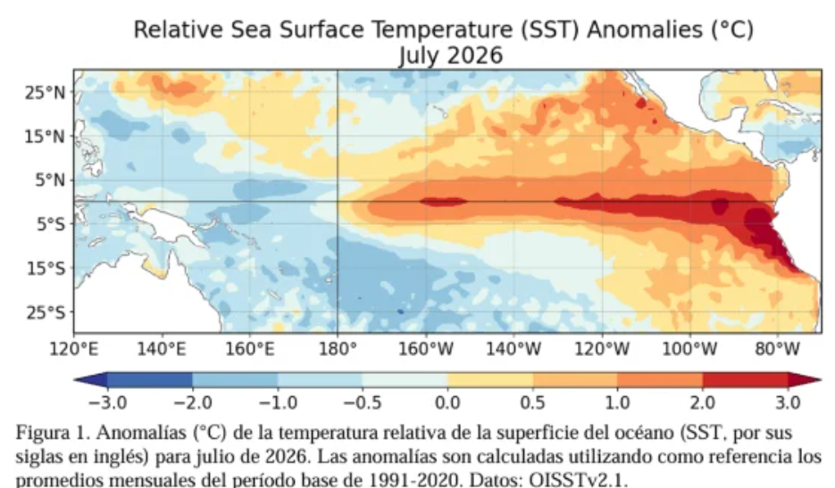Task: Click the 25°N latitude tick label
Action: click(x=45, y=93)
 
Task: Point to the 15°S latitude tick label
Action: click(x=46, y=269)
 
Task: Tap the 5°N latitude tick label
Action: click(x=50, y=180)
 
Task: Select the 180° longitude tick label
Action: click(x=337, y=349)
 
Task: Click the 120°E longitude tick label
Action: click(x=74, y=349)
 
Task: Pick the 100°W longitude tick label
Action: click(x=689, y=349)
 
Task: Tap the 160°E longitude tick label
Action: click(x=250, y=349)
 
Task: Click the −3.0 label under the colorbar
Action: click(x=107, y=402)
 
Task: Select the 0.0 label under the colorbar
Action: click(x=447, y=402)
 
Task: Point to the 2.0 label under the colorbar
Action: click(x=703, y=402)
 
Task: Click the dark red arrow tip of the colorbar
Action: click(x=820, y=379)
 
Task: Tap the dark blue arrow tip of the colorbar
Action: click(x=75, y=379)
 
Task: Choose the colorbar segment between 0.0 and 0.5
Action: click(x=490, y=379)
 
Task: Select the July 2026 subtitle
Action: click(x=450, y=55)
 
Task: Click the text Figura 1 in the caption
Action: click(x=52, y=433)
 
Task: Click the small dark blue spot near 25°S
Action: click(x=400, y=311)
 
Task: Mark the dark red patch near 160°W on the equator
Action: click(x=443, y=202)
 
